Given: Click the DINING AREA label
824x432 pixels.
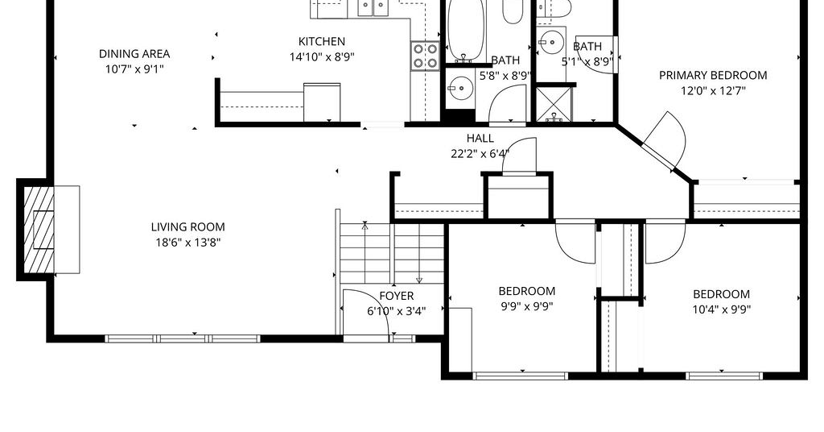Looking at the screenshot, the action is tap(134, 54).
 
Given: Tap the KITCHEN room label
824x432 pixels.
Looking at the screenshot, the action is tap(322, 42).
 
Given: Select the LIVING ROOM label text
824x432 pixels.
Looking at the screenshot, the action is tap(187, 227).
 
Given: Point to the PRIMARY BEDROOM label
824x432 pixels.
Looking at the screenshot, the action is tap(713, 75).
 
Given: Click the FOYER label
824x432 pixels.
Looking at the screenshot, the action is tap(396, 296).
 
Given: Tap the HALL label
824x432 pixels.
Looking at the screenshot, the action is tap(480, 139).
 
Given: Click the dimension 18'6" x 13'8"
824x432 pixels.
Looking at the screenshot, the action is tap(187, 243).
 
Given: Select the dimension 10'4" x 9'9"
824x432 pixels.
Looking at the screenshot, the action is tap(721, 309).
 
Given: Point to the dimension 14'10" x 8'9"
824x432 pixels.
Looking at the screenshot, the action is tap(322, 57).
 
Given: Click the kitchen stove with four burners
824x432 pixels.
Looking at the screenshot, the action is tap(425, 56).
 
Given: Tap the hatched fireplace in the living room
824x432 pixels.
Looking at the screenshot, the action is tap(39, 230).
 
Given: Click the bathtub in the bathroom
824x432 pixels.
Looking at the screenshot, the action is tap(466, 31).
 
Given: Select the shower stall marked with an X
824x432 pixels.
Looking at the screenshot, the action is tap(553, 104).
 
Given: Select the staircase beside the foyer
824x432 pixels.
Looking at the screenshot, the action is tap(392, 253).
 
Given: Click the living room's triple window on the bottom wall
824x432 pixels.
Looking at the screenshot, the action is tap(183, 339).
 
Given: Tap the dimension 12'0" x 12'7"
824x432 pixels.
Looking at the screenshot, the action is tap(713, 91).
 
